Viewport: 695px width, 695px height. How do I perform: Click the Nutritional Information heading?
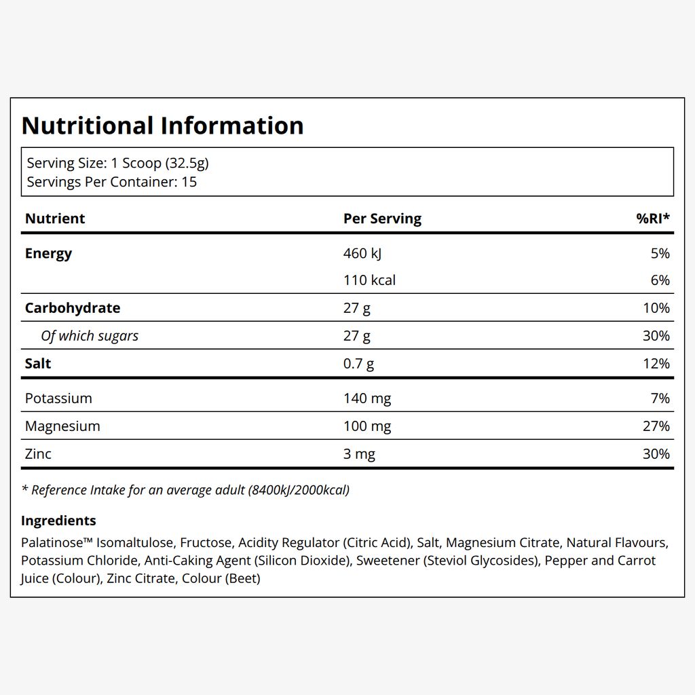coord(163,126)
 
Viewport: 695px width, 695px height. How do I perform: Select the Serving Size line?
coord(117,163)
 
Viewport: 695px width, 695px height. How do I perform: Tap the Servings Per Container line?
coord(112,182)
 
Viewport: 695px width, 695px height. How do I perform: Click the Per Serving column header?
coord(383,219)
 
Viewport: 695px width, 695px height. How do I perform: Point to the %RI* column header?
coord(653,218)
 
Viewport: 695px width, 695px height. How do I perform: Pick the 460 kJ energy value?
coord(362,254)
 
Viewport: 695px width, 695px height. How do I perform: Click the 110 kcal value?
coord(369,280)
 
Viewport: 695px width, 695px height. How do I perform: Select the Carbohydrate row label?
coord(73,308)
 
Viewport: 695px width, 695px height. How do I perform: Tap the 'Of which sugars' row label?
coord(90,336)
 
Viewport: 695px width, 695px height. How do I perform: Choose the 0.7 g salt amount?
coord(358,364)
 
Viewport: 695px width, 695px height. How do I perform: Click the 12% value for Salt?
coord(656,364)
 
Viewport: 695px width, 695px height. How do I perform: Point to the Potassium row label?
coord(58,398)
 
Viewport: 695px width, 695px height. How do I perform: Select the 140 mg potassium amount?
coord(367,398)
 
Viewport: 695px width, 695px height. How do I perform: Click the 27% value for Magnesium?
coord(656,426)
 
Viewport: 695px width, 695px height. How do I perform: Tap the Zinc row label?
coord(38,454)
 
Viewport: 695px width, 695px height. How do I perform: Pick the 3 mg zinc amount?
coord(359,454)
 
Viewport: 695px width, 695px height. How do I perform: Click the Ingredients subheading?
coord(58,521)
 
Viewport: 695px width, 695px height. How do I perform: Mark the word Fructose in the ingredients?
coord(206,542)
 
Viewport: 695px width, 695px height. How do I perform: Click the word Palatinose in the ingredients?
coord(52,542)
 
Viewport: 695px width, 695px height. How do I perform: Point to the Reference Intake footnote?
coord(186,490)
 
